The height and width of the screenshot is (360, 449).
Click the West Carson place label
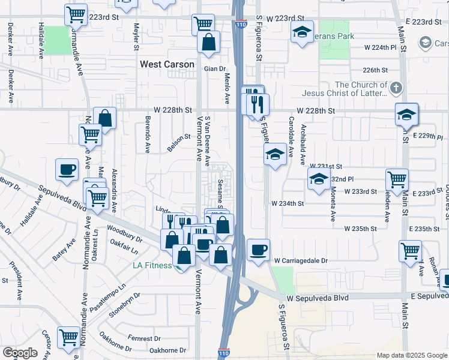[x=167, y=64]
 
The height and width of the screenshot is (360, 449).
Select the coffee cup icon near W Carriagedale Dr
[x=259, y=250]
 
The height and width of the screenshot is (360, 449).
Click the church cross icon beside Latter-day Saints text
[x=395, y=89]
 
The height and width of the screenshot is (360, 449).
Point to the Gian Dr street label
[x=214, y=69]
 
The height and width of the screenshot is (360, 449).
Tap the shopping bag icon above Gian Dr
[x=209, y=43]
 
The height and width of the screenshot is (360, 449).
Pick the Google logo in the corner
[x=20, y=353]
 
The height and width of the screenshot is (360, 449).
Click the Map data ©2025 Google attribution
[x=411, y=355]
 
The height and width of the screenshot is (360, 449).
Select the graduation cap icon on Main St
[x=406, y=114]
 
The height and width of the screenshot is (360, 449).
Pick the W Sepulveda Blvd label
[x=316, y=298]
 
